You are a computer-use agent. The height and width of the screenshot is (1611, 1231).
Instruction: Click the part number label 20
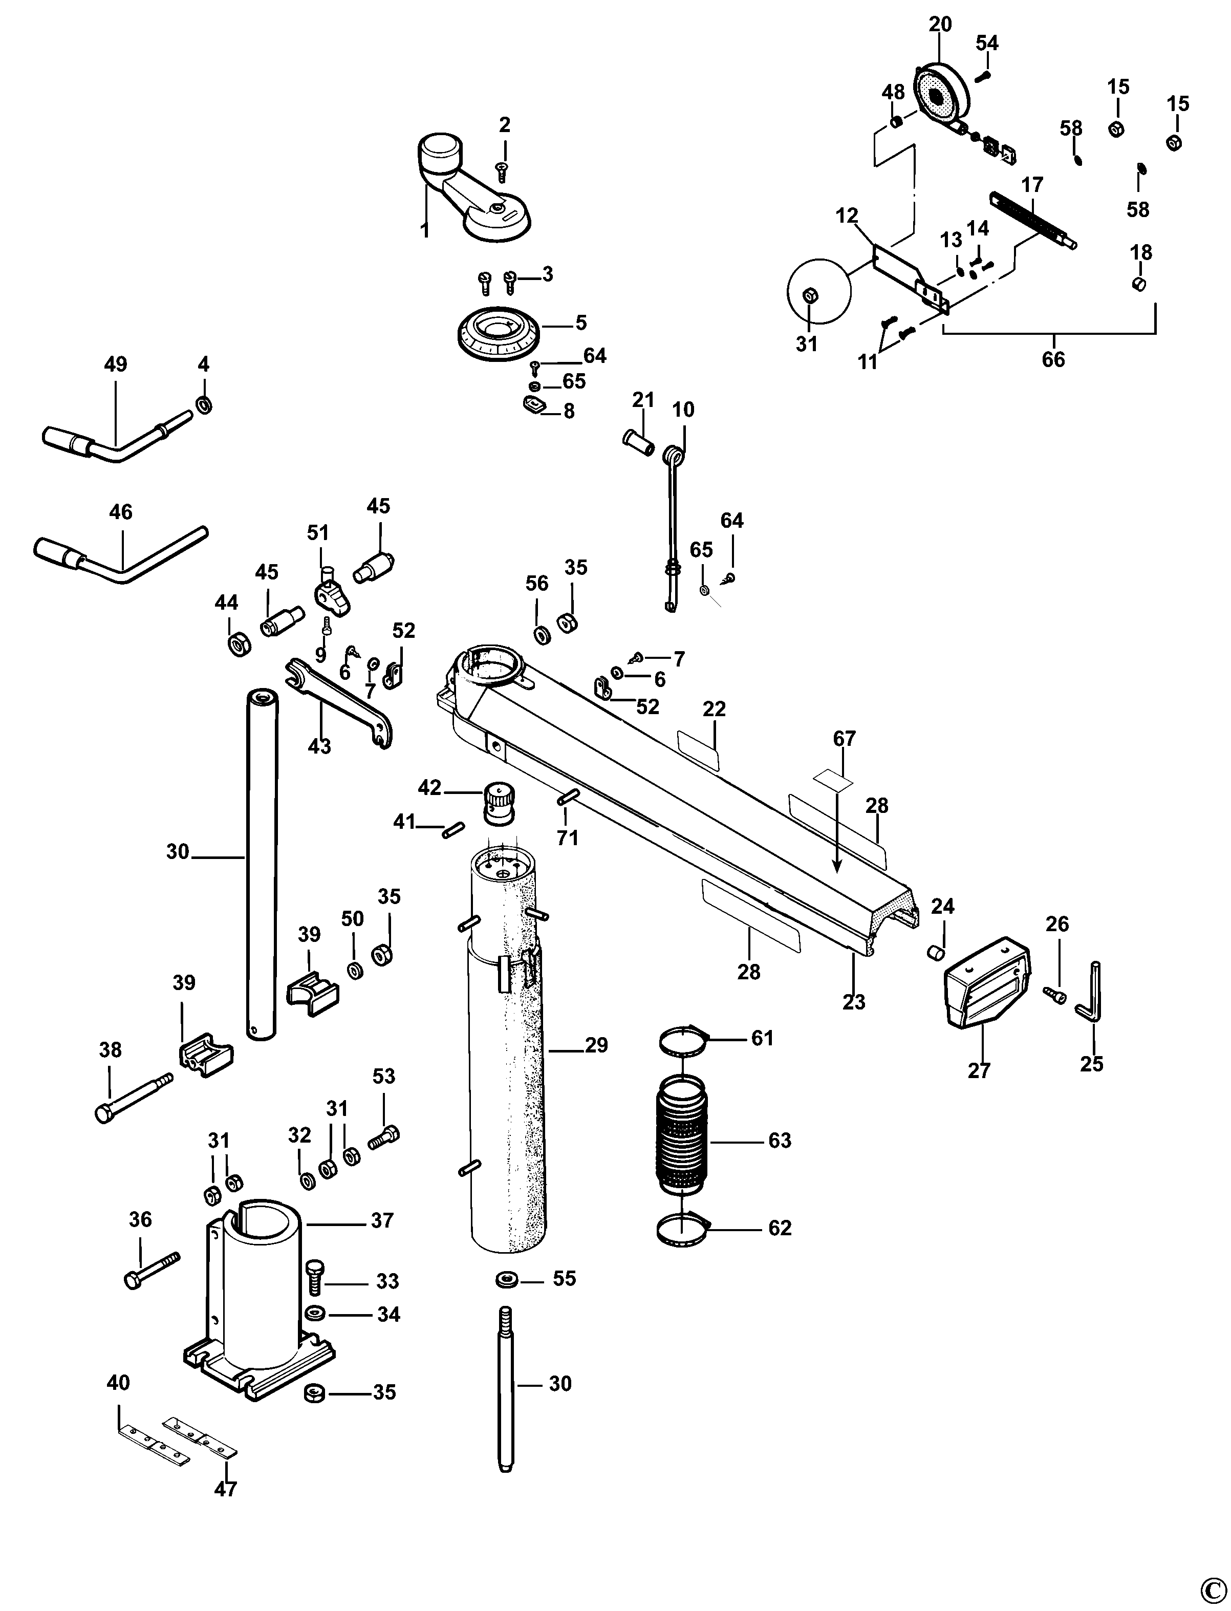(x=940, y=24)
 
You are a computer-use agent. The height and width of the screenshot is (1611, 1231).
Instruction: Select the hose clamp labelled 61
(x=685, y=1041)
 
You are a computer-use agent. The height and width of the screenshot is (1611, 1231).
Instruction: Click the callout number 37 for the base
(x=382, y=1220)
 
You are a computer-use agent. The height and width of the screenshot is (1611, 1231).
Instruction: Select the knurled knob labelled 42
(x=498, y=803)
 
